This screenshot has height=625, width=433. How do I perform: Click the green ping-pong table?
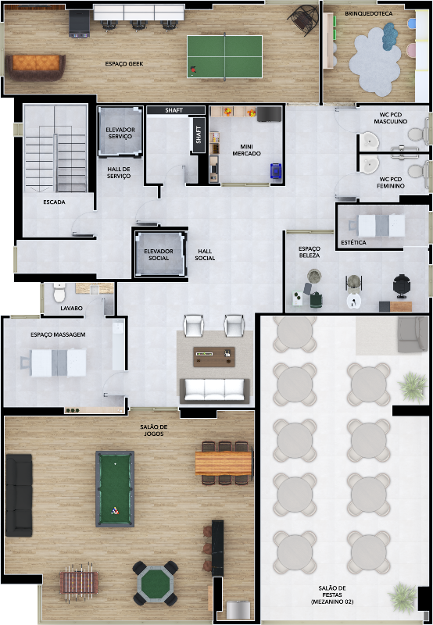pyautogui.click(x=224, y=56)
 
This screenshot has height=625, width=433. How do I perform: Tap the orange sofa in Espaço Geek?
pyautogui.click(x=35, y=66)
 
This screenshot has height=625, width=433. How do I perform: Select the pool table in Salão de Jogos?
pyautogui.click(x=115, y=489)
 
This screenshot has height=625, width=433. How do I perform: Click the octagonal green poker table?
pyautogui.click(x=156, y=583)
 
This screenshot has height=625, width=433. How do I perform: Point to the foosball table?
pyautogui.click(x=79, y=582)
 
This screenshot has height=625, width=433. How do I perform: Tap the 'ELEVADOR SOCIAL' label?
pyautogui.click(x=159, y=255)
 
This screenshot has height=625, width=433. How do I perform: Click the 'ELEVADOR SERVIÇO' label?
pyautogui.click(x=120, y=133)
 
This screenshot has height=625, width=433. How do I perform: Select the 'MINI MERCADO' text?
pyautogui.click(x=246, y=150)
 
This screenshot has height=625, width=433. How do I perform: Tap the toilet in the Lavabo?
pyautogui.click(x=59, y=292)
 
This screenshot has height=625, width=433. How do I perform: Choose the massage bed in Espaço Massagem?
pyautogui.click(x=54, y=362)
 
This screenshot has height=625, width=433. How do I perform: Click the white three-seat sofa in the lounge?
pyautogui.click(x=214, y=391)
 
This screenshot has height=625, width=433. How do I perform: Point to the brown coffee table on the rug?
pyautogui.click(x=214, y=357)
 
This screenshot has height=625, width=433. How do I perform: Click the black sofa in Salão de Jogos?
pyautogui.click(x=19, y=495)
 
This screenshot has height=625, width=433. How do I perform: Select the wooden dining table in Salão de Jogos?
pyautogui.click(x=224, y=463)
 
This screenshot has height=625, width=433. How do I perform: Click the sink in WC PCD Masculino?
pyautogui.click(x=370, y=140)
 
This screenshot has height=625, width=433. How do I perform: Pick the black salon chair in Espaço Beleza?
pyautogui.click(x=401, y=286)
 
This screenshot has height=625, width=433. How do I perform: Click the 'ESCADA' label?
pyautogui.click(x=54, y=202)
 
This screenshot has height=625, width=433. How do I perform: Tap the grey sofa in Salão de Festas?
pyautogui.click(x=412, y=334)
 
